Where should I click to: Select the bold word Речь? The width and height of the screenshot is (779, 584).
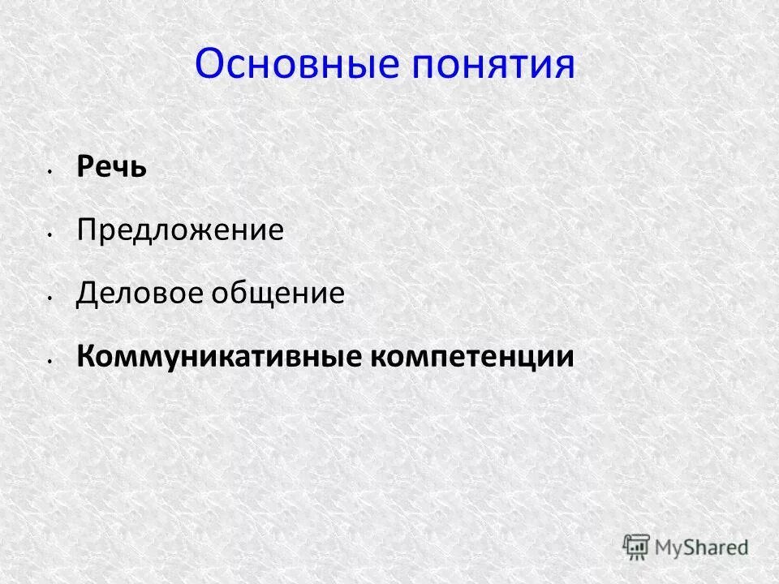click(x=112, y=168)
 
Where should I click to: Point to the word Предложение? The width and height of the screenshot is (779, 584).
click(x=180, y=231)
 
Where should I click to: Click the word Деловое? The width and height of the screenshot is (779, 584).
click(x=140, y=294)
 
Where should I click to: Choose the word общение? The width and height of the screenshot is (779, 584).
click(x=278, y=294)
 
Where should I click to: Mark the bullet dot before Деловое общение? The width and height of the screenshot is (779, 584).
click(x=49, y=298)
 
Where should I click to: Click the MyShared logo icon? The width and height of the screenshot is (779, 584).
click(x=637, y=546)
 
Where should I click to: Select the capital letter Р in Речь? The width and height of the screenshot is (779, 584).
click(x=84, y=168)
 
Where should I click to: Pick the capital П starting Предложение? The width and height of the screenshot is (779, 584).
click(x=86, y=231)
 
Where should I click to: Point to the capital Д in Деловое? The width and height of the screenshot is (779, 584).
click(x=86, y=294)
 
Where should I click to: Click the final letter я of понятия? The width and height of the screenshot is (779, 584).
click(x=564, y=67)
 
